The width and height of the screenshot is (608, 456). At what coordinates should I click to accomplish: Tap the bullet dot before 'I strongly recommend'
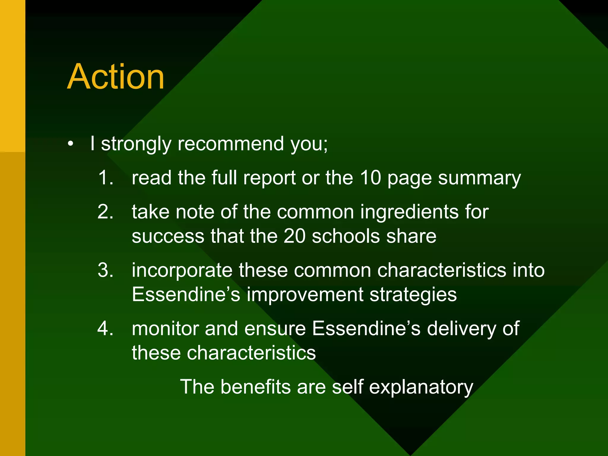tap(70, 144)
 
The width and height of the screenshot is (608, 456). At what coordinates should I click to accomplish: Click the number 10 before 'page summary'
tap(370, 178)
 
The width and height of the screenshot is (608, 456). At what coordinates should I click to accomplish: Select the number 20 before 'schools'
tap(294, 236)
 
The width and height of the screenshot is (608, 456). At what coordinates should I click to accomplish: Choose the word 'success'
tap(168, 237)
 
